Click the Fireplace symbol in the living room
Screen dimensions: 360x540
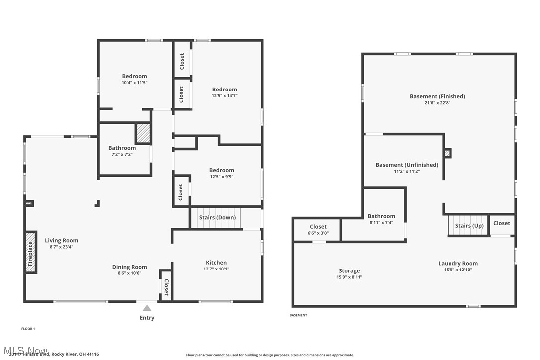point(31,252)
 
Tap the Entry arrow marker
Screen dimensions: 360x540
point(147,308)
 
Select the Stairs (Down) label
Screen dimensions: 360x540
point(217,217)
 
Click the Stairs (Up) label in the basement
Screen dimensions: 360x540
point(469,226)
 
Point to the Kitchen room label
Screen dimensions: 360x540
point(216,263)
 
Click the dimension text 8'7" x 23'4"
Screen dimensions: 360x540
point(61,247)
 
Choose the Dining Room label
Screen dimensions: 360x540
point(129,267)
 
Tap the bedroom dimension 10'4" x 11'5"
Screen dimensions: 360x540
point(134,83)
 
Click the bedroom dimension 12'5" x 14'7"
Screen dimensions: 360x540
point(224,95)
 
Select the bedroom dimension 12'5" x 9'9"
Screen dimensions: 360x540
point(221,176)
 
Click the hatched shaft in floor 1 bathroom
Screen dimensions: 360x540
point(143,134)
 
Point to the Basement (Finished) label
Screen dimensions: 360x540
point(437,96)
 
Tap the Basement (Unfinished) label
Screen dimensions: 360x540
point(407,165)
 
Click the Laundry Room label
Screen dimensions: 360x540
point(457,264)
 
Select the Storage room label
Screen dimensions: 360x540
point(349,271)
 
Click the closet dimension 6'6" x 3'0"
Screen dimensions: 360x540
point(318,233)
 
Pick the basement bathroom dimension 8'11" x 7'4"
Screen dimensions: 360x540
point(381,223)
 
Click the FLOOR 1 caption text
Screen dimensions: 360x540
point(28,329)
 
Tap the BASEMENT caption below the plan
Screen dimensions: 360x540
point(298,315)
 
